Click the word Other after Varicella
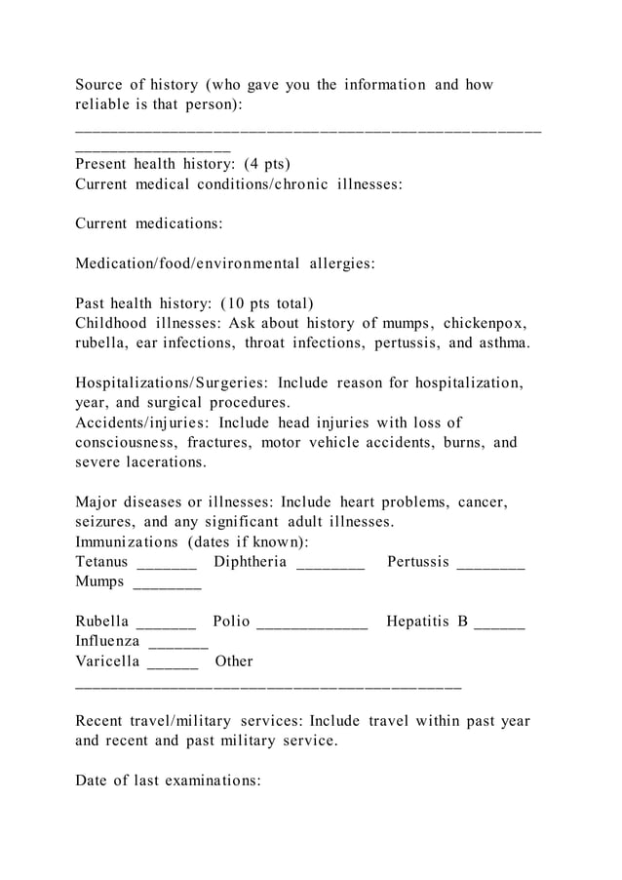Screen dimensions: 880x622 point(234,661)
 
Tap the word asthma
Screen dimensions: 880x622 point(504,342)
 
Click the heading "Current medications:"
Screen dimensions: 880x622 point(149,223)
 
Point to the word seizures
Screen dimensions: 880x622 point(105,522)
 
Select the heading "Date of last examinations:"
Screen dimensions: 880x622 point(169,780)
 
